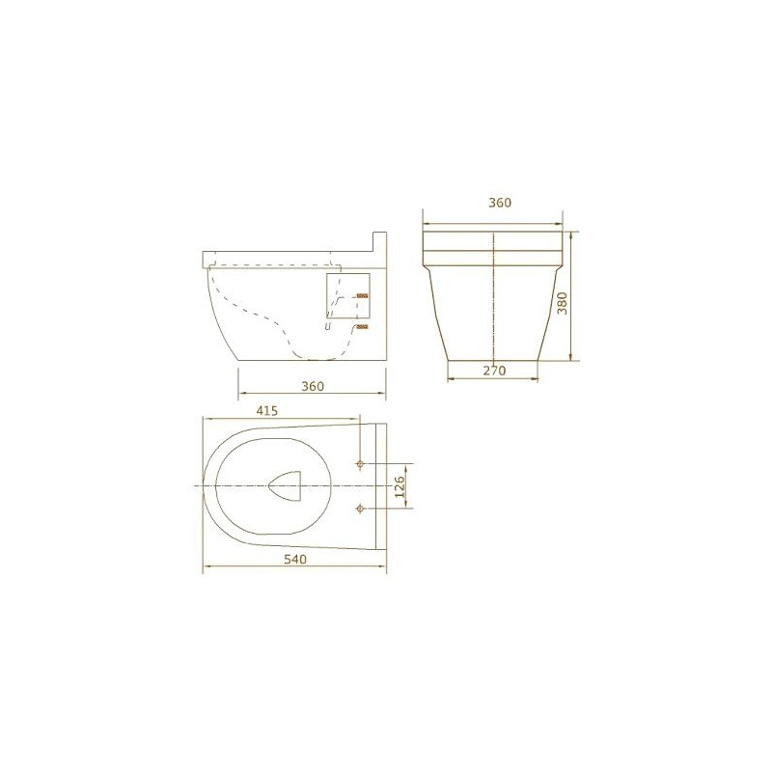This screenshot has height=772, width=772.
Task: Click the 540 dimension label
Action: click(x=295, y=560)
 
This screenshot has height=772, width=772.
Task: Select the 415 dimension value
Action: click(x=267, y=411)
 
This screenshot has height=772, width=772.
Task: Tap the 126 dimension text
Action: click(x=400, y=486)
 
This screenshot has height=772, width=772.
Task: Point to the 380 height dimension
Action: click(x=562, y=303)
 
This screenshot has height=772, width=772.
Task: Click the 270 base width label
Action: click(x=494, y=371)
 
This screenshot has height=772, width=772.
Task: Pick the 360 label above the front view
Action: click(x=500, y=203)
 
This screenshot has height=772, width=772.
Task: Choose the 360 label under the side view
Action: click(x=313, y=387)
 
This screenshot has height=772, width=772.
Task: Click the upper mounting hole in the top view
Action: click(x=360, y=464)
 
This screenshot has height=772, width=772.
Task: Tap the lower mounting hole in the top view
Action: click(x=360, y=508)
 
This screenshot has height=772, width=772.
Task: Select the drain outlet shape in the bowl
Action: click(x=286, y=485)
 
